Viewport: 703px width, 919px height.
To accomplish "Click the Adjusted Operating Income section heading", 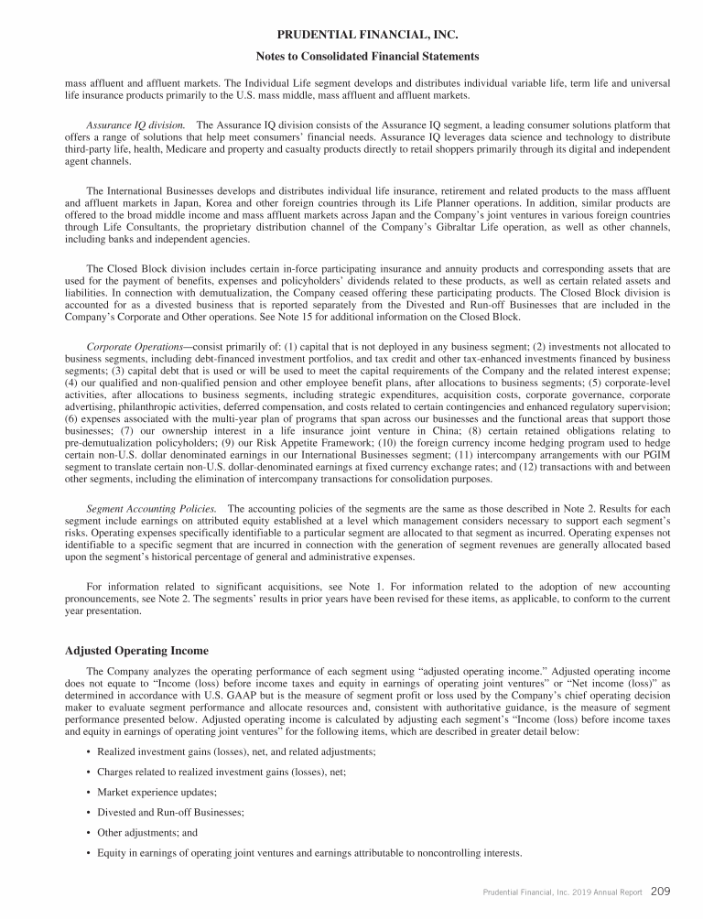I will pos(137,651).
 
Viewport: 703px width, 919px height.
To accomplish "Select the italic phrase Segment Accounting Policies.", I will pos(151,507).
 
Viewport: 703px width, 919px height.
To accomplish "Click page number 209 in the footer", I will pos(661,890).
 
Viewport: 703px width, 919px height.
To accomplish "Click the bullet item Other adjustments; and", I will pos(146,833).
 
